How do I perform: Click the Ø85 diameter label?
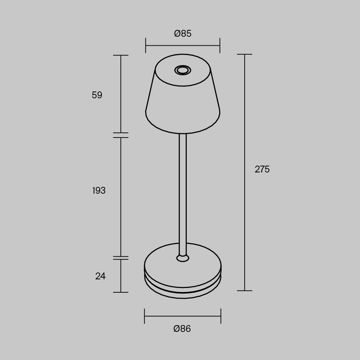tap(183, 33)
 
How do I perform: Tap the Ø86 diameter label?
tap(182, 329)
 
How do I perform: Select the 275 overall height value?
tap(262, 169)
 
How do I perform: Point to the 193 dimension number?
tap(99, 190)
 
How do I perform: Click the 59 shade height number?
tap(97, 95)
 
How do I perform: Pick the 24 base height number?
tap(100, 276)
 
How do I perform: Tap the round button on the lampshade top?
tap(183, 70)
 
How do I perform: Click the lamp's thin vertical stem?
tap(183, 194)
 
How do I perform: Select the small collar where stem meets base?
tap(183, 258)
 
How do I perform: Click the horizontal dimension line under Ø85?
tap(183, 45)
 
